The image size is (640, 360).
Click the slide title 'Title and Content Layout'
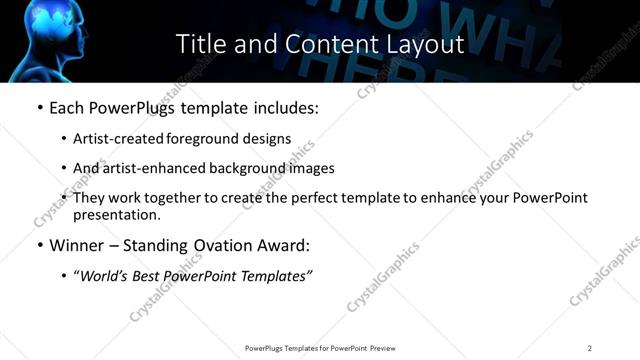point(320,44)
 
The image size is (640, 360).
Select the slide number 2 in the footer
point(590,348)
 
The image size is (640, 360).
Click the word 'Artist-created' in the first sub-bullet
point(112,139)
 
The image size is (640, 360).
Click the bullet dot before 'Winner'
point(39,244)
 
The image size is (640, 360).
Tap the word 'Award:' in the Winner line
point(285,244)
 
